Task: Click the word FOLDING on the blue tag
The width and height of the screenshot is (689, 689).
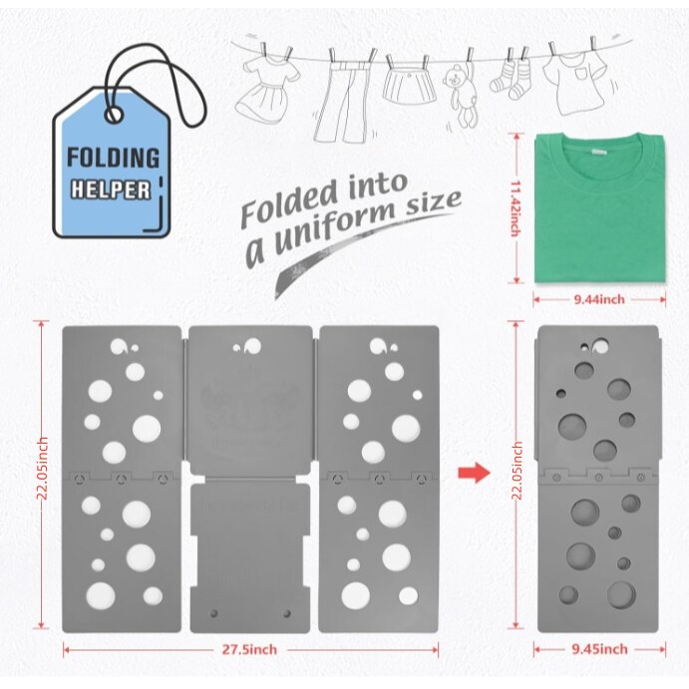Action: click(113, 158)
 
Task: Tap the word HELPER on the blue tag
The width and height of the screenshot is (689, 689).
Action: click(111, 189)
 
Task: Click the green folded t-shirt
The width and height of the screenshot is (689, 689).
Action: click(600, 208)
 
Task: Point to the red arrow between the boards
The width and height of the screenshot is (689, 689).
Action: click(474, 473)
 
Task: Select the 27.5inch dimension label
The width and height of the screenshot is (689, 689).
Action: click(249, 649)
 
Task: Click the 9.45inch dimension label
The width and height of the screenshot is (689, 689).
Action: click(600, 649)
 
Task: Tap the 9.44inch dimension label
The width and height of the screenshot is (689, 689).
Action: click(599, 299)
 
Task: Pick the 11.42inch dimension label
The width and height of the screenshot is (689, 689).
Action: click(516, 208)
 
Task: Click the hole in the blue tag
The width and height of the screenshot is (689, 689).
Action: click(114, 115)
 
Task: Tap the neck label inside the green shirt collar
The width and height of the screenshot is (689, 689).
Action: click(598, 152)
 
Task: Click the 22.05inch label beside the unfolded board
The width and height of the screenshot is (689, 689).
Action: click(43, 469)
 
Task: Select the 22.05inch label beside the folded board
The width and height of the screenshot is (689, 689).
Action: click(517, 471)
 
